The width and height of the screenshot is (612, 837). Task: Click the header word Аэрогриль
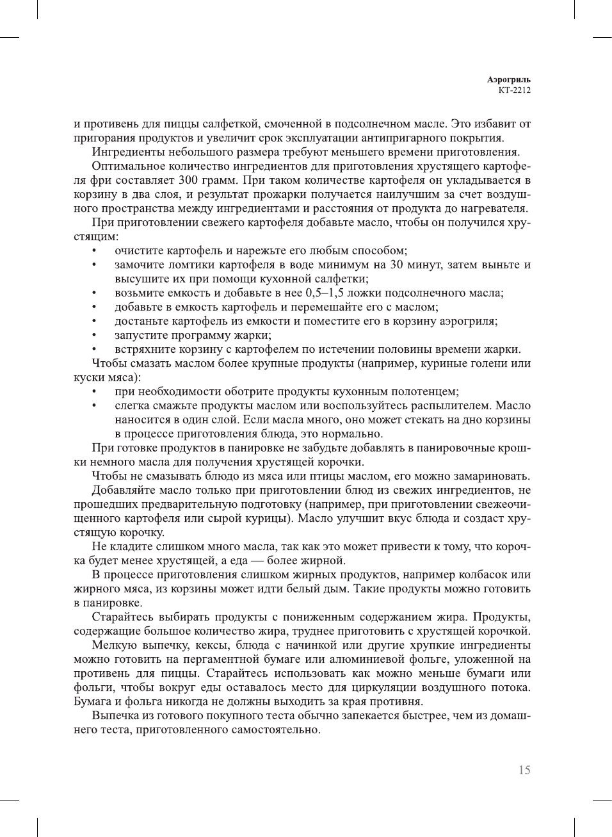(508, 80)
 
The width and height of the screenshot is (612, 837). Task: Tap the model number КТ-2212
(514, 90)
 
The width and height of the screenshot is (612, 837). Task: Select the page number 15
(524, 770)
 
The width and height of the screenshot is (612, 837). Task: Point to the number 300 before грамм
(188, 180)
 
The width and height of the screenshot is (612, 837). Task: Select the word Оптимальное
(129, 166)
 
